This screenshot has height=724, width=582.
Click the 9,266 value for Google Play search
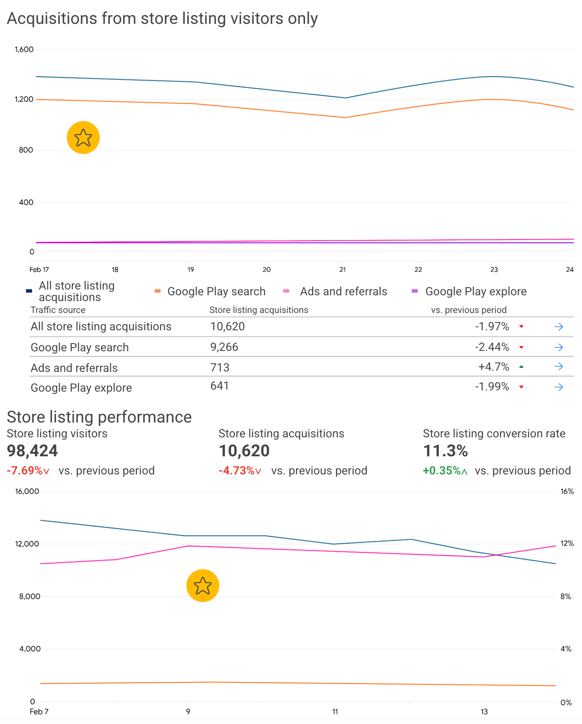coord(224,347)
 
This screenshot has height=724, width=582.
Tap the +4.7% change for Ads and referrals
coord(494,367)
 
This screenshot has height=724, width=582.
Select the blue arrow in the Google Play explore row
coord(559,387)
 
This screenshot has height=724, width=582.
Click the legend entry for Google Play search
coord(210,292)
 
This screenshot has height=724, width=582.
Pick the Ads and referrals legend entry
coord(335,292)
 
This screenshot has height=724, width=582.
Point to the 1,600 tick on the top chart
coord(24,49)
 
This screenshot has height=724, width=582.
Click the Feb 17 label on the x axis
coord(39,270)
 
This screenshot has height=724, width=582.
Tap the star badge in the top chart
coord(83,138)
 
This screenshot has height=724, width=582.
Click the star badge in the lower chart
coord(203,586)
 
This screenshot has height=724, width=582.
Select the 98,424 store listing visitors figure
coord(32,451)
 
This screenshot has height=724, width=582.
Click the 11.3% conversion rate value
coord(446,451)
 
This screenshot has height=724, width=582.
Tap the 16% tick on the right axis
coord(567,491)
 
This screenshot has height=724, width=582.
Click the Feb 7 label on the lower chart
coord(39,712)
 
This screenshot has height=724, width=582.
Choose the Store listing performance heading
coord(99,417)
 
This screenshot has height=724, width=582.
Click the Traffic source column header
coord(58,310)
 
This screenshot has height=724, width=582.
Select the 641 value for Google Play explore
coord(219,386)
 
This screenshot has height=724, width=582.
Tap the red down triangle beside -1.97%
coord(521,327)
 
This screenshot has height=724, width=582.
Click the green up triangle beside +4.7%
coord(521,367)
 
